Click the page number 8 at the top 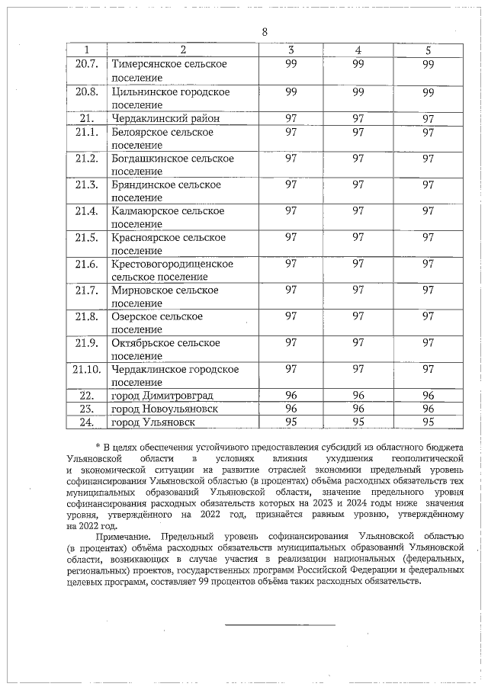point(265,31)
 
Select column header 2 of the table point(183,50)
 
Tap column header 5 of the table point(428,50)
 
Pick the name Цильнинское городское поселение point(170,98)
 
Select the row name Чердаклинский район point(162,118)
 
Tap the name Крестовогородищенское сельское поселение point(172,270)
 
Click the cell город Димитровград point(162,395)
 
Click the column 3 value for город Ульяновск point(291,422)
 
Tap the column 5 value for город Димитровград point(428,395)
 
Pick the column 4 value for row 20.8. point(358,92)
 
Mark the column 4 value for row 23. point(358,409)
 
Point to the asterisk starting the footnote point(98,445)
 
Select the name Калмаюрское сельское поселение point(168,217)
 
